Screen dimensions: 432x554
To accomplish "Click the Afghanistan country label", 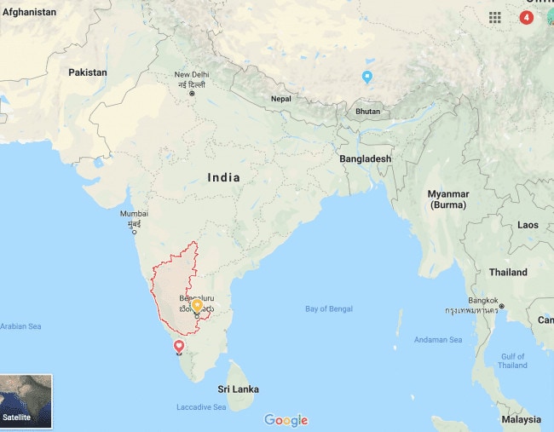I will (x=29, y=12).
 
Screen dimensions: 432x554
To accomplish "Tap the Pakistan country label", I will (x=88, y=72).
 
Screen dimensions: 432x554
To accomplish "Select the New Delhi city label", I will (x=192, y=75).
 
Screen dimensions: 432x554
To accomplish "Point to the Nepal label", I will (x=280, y=99).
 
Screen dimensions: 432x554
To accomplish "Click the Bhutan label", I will (x=368, y=112).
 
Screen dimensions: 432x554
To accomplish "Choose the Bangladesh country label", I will (x=365, y=159).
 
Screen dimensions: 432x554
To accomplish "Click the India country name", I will (x=223, y=177).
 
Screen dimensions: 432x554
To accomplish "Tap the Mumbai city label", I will (x=134, y=214).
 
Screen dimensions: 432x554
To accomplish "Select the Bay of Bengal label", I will (x=329, y=308).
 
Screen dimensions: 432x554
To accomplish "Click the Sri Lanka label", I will (x=238, y=389).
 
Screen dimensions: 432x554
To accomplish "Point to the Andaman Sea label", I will (x=439, y=340).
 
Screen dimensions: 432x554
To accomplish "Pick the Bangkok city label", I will (x=482, y=301).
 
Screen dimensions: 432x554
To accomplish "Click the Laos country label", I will (x=528, y=225).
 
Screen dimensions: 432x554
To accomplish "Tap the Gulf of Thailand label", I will (x=512, y=360).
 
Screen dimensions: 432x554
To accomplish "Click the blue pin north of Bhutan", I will (x=367, y=77).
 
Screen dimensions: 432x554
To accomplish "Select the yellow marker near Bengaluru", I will (x=197, y=305).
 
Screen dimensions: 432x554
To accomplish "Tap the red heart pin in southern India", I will (x=179, y=345).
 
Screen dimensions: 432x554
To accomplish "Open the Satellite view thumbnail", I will (x=26, y=400).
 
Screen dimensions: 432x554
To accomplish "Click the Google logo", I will (x=286, y=420).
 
